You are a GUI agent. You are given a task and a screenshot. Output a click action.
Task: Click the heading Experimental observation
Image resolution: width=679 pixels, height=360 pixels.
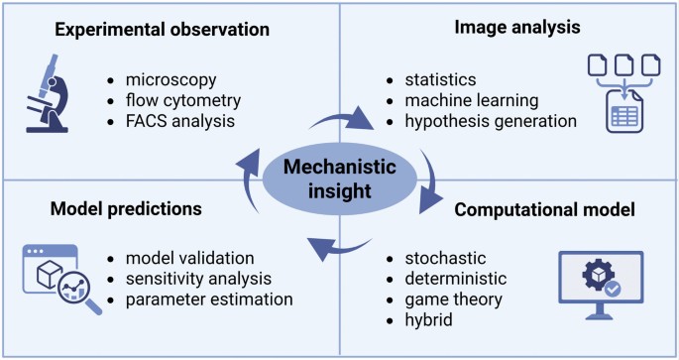pos(162,29)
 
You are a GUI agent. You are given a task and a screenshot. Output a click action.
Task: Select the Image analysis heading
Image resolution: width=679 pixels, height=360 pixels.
pos(517,28)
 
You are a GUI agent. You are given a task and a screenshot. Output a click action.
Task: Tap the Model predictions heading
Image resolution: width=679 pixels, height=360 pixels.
pos(126,209)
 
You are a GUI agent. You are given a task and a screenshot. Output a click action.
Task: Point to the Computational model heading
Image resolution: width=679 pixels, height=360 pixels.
pos(544,209)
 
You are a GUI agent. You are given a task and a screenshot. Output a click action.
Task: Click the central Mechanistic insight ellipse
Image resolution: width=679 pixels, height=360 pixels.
pos(340,179)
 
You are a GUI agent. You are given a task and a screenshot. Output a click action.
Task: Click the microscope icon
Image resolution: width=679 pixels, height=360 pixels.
pos(48,93)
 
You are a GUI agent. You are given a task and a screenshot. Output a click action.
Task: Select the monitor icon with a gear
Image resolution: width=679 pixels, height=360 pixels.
pos(601,285)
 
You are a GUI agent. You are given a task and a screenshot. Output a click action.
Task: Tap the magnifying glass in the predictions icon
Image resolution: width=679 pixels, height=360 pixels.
pos(80,292)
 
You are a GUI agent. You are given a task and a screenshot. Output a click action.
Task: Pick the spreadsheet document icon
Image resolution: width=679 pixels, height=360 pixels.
pos(624,111)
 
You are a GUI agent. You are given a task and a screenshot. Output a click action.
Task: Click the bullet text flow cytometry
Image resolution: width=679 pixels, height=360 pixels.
pos(183,100)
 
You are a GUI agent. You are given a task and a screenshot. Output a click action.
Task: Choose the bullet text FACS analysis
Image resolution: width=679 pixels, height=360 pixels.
pos(180,121)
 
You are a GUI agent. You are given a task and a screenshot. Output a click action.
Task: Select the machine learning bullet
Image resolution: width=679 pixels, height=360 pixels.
pos(472,100)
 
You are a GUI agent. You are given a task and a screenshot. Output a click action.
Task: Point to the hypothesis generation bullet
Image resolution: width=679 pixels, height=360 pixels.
pos(491,121)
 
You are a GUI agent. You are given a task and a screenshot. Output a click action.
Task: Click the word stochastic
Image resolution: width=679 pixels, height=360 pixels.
pos(445,258)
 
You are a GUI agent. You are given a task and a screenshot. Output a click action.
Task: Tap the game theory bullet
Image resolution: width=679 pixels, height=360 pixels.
pos(453,300)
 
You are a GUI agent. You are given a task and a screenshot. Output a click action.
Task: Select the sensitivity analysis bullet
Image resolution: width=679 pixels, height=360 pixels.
pos(198,279)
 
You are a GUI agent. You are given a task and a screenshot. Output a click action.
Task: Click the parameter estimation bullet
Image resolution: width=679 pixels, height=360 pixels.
pos(209,300)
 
